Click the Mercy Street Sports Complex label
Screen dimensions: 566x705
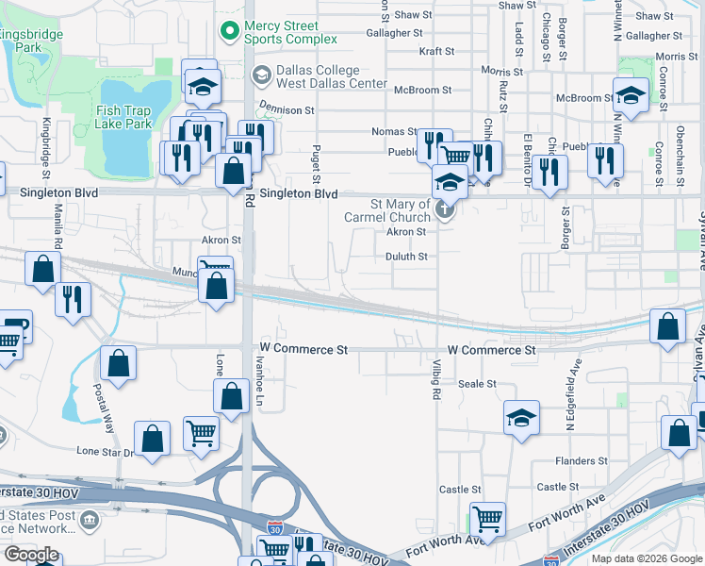290,32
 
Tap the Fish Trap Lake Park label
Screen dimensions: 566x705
123,117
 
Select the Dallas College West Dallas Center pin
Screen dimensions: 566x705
261,75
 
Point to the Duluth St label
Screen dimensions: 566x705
407,256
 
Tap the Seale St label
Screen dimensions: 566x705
477,384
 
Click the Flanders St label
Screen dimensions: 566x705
581,461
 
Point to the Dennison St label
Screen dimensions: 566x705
287,110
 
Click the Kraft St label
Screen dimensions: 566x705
436,52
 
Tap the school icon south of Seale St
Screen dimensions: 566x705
521,417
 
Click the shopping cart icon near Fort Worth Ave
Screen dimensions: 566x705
487,517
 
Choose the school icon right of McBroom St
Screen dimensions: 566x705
631,94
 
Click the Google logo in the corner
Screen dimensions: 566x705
31,555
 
